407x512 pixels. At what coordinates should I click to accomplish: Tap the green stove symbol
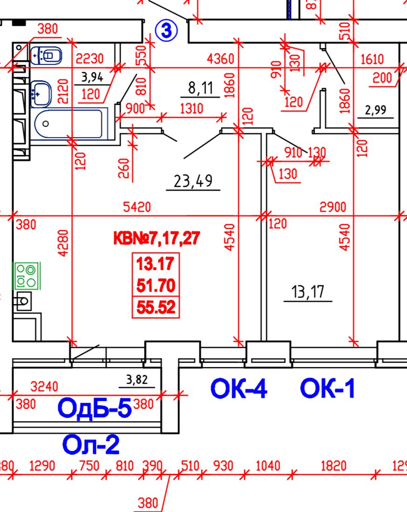(26, 276)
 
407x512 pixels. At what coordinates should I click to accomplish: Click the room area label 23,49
(193, 180)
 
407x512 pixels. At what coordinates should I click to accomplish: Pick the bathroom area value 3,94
(92, 76)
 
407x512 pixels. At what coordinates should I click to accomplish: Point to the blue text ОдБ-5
(94, 408)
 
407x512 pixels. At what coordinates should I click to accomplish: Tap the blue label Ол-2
(91, 445)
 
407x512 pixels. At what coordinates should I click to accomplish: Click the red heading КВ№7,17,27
(157, 239)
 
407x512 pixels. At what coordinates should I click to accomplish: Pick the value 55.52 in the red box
(156, 307)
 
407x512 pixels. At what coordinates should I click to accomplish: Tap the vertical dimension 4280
(63, 242)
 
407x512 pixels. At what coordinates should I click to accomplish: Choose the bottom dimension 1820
(333, 466)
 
